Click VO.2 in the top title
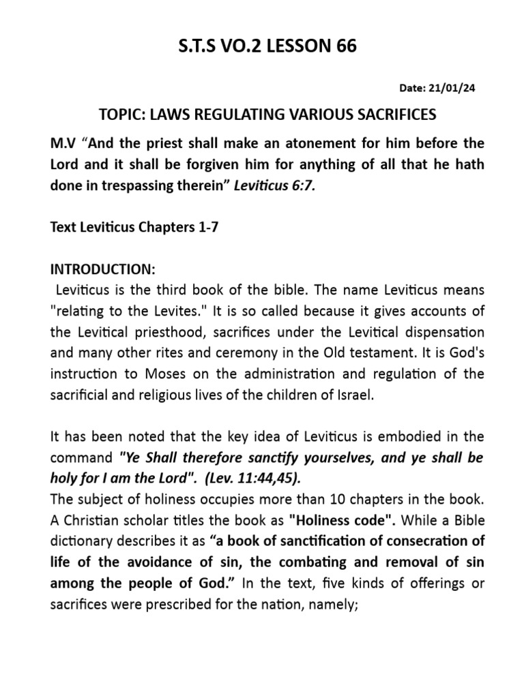point(231,46)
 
